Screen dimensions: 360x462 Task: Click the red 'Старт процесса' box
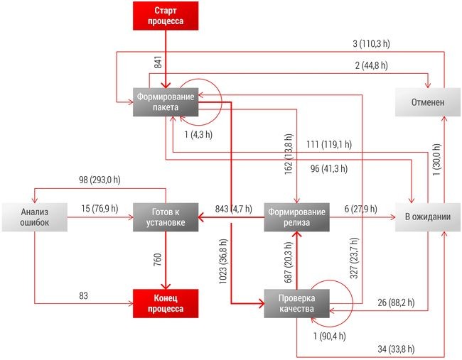[x=165, y=16]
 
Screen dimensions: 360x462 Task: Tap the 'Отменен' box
[x=427, y=102]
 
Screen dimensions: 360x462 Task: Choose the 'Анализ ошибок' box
[x=33, y=217]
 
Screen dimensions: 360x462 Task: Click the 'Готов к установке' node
[x=164, y=217]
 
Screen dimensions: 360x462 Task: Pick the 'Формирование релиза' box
[x=298, y=217]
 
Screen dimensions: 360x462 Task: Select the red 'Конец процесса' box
[x=164, y=303]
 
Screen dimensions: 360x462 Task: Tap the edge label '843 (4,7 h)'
[x=230, y=209]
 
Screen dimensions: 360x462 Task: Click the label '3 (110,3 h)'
[x=371, y=43]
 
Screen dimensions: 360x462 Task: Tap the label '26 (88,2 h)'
[x=399, y=303]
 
